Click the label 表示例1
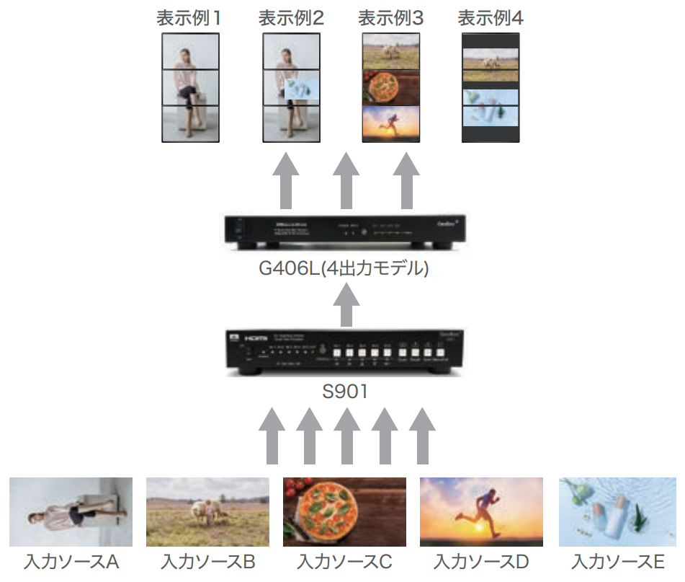(x=189, y=18)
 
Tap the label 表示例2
(x=291, y=18)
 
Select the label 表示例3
(x=391, y=18)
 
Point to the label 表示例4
(x=491, y=18)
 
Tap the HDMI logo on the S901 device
(x=257, y=338)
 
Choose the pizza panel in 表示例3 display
(x=390, y=87)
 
